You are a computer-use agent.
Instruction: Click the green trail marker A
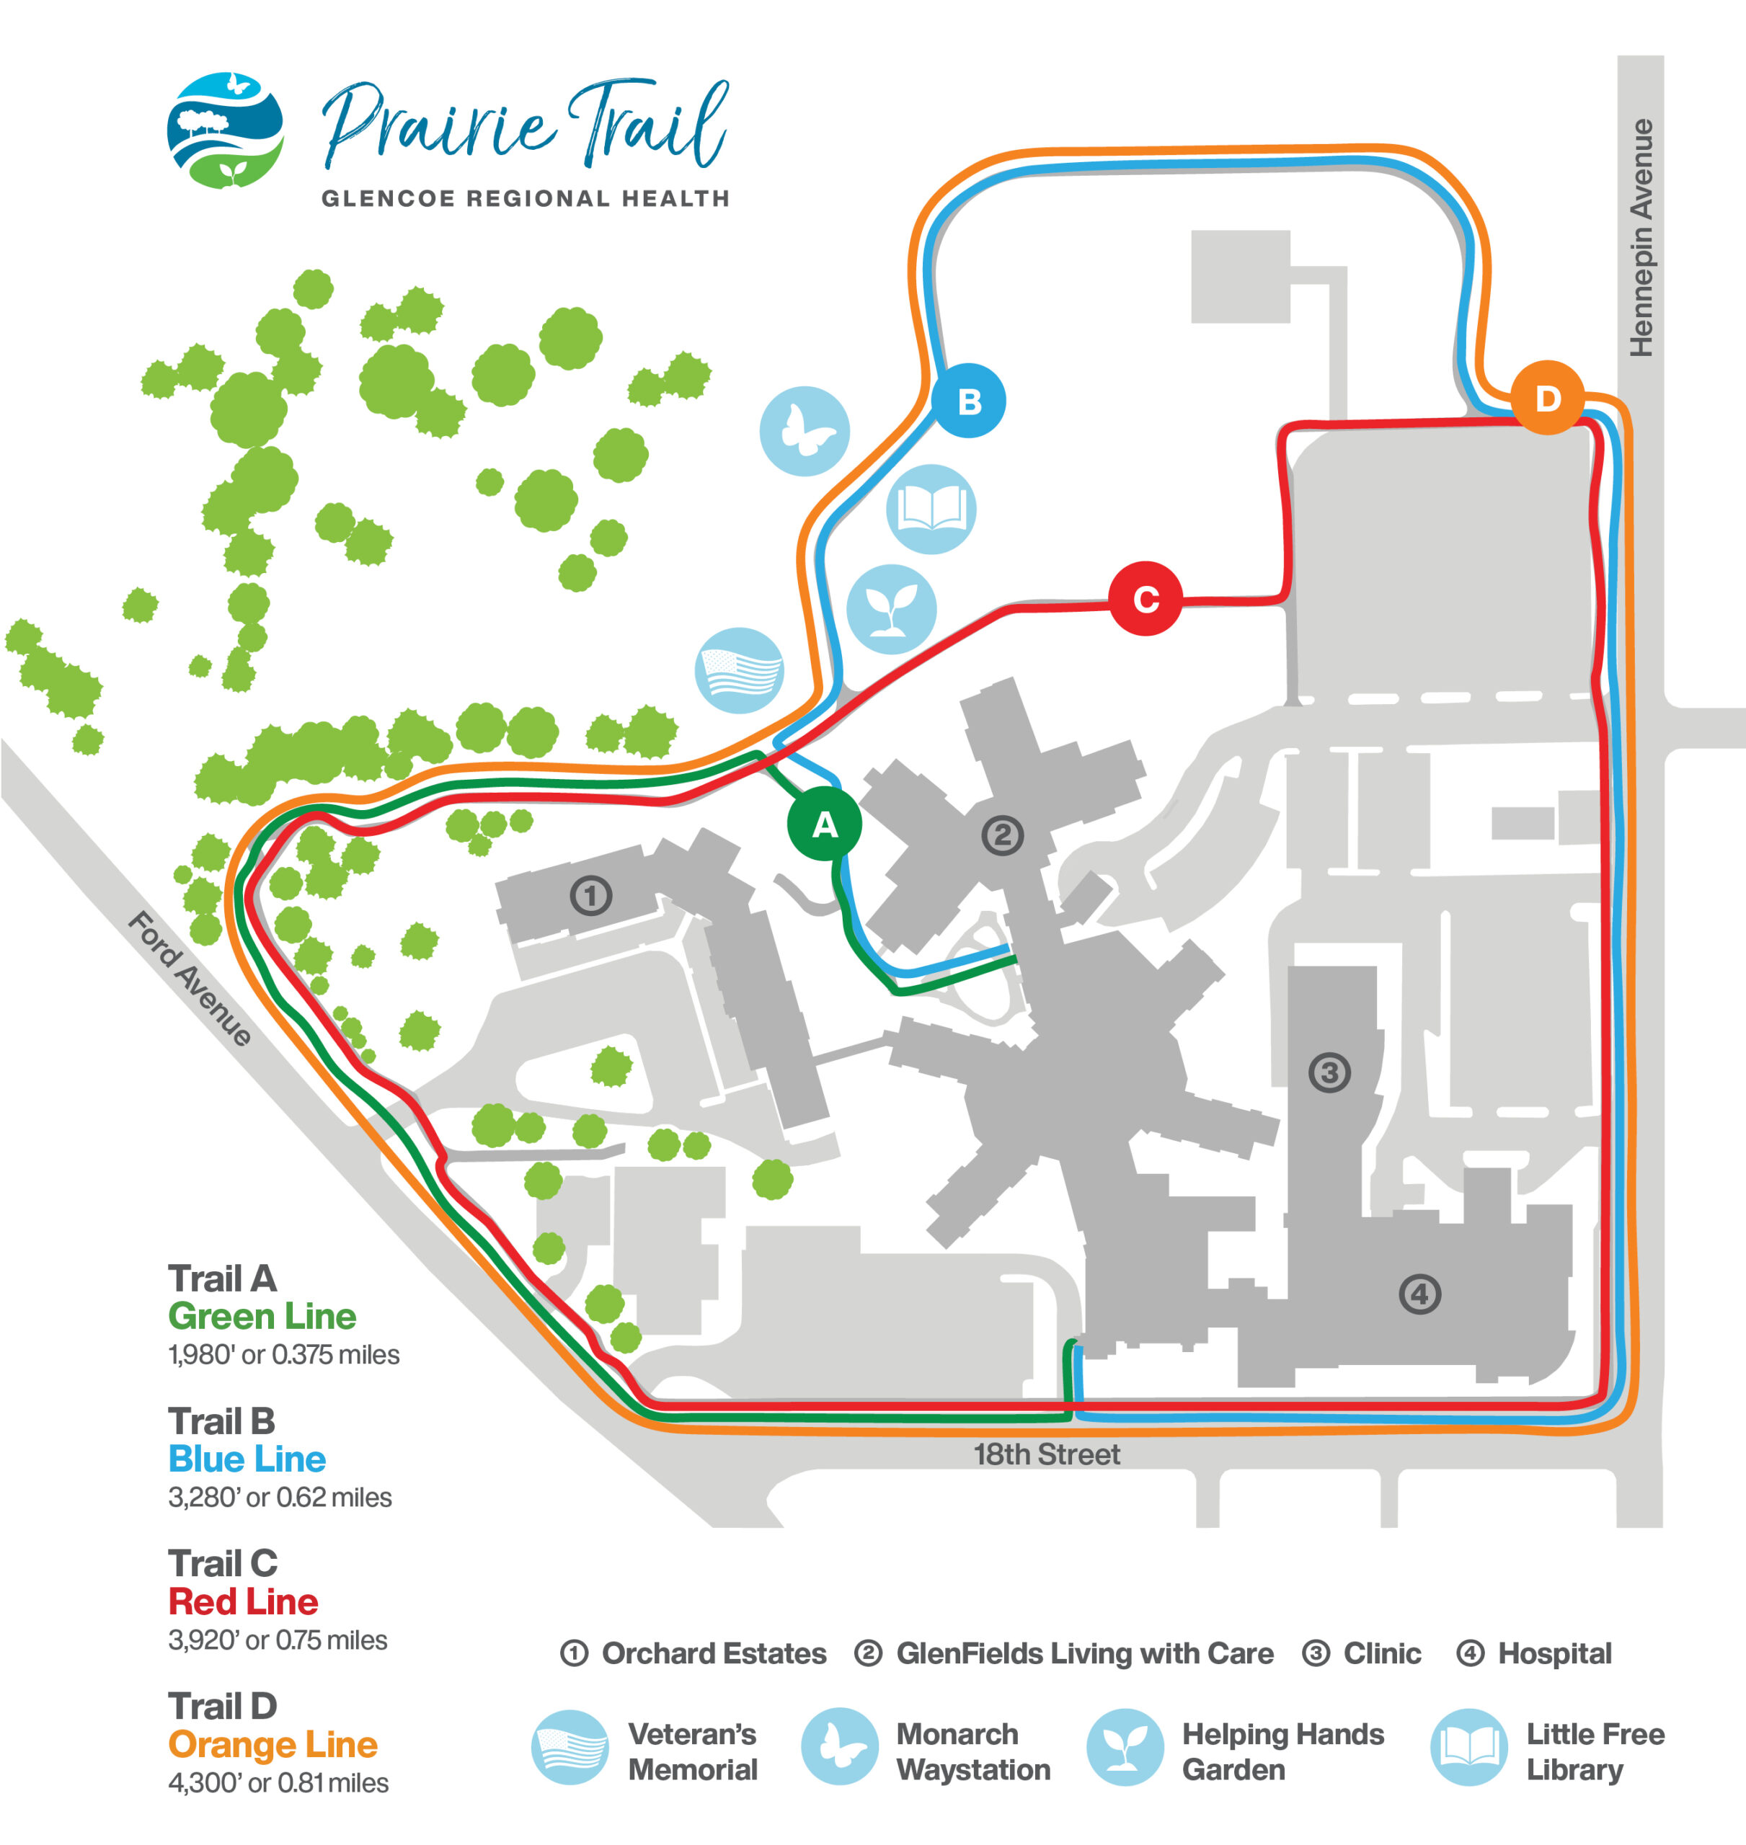tap(824, 824)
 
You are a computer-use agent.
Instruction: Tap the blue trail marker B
tap(968, 401)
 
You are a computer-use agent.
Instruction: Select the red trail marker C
tap(1145, 598)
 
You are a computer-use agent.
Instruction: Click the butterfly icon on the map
tap(804, 431)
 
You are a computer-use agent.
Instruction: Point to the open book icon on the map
tap(931, 509)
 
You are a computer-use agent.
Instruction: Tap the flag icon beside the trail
tap(740, 670)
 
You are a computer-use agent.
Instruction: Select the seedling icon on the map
tap(891, 608)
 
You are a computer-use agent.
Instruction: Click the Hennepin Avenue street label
tap(1641, 237)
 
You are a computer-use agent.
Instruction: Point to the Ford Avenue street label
tap(190, 978)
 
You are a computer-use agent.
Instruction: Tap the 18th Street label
tap(1046, 1454)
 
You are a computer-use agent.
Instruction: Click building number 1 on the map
tap(590, 896)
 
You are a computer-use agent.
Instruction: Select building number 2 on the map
tap(1002, 835)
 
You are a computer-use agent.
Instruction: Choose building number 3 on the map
tap(1329, 1072)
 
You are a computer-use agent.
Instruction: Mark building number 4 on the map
tap(1419, 1293)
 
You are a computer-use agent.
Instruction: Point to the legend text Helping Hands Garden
tap(1282, 1752)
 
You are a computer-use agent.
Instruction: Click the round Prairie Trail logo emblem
tap(225, 130)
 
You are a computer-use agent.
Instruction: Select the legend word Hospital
tap(1554, 1653)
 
